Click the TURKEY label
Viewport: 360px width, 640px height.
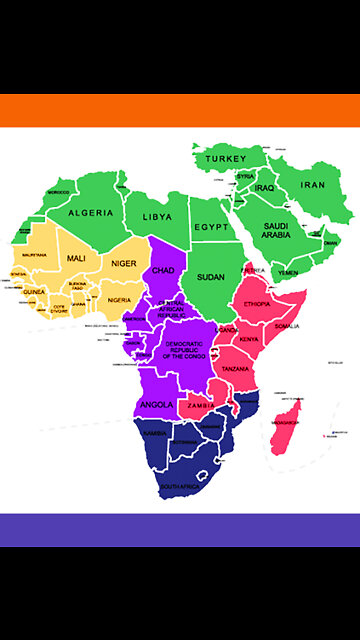click(226, 159)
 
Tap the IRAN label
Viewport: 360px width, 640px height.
click(314, 185)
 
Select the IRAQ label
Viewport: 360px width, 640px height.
click(264, 188)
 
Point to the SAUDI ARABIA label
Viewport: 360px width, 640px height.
click(276, 231)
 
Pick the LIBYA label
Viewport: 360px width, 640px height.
click(157, 216)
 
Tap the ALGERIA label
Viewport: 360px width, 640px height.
click(91, 213)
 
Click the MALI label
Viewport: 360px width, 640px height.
click(76, 258)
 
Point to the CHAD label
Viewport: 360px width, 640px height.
click(163, 270)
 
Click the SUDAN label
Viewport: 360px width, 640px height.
click(211, 277)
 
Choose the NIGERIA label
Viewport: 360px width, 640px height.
click(119, 300)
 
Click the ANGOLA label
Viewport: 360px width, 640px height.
click(158, 405)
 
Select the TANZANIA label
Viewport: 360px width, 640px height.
click(236, 369)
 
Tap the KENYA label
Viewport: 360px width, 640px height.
click(249, 340)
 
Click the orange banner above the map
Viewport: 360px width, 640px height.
click(180, 110)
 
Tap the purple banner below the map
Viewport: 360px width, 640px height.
click(180, 530)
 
